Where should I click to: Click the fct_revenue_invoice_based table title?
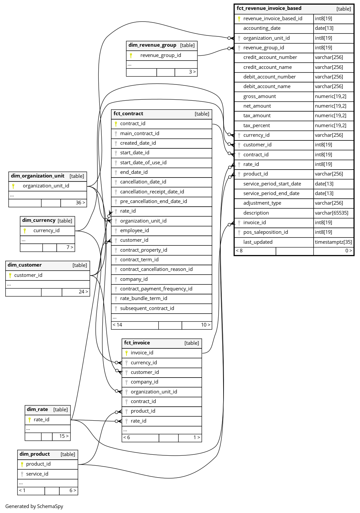point(269,9)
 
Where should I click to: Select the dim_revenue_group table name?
point(152,45)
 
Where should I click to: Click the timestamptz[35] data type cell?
point(333,242)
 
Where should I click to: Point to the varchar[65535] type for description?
point(332,213)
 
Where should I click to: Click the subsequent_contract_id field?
point(147,308)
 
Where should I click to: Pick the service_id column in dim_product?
point(37,474)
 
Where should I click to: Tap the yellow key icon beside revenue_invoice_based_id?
point(239,19)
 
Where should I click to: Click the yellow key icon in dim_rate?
point(29,420)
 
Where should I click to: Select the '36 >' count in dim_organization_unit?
point(80,203)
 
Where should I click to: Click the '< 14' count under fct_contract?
point(117,325)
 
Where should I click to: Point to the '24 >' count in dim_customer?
point(83,292)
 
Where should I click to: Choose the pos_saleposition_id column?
point(266,232)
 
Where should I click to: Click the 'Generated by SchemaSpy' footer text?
point(34,506)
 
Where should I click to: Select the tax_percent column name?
point(256,126)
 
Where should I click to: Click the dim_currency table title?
point(39,220)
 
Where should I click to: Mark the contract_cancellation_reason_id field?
point(156,269)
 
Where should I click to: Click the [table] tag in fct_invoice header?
point(192,343)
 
